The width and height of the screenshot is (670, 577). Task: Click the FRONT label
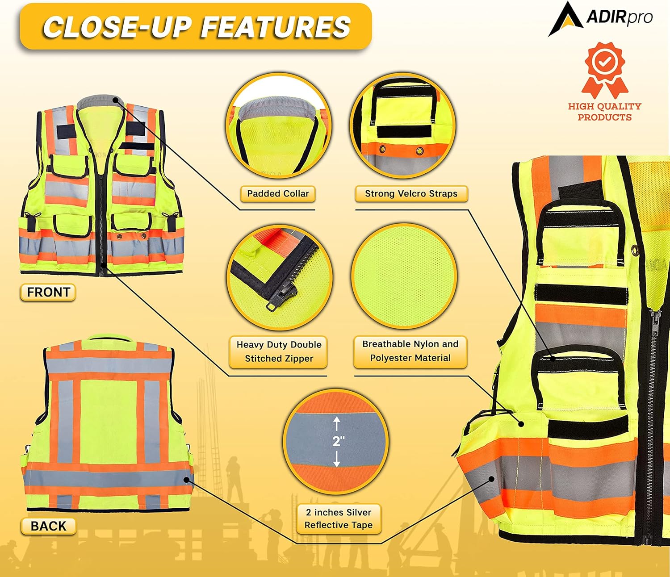[x=48, y=292]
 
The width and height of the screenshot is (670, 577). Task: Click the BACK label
[x=48, y=526]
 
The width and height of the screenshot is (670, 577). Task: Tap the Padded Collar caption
[x=278, y=193]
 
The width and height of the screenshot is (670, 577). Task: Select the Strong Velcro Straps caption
[x=411, y=193]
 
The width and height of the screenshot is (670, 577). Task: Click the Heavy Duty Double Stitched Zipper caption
[x=279, y=351]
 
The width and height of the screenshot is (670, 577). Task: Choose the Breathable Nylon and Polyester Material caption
[x=410, y=351]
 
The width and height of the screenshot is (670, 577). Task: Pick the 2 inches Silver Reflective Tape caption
[x=338, y=518]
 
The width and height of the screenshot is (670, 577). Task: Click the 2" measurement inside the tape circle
[x=338, y=441]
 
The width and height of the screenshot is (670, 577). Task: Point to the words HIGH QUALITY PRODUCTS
[x=604, y=112]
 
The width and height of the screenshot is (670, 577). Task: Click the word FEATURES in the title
[x=275, y=27]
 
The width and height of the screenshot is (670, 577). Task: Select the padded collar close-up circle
[x=278, y=125]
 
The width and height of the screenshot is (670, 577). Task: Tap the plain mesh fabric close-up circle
[x=404, y=275]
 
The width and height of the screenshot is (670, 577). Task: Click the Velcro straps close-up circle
[x=403, y=125]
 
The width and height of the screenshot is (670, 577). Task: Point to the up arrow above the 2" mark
[x=337, y=424]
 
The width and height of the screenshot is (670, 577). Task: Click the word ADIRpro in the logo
[x=619, y=17]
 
